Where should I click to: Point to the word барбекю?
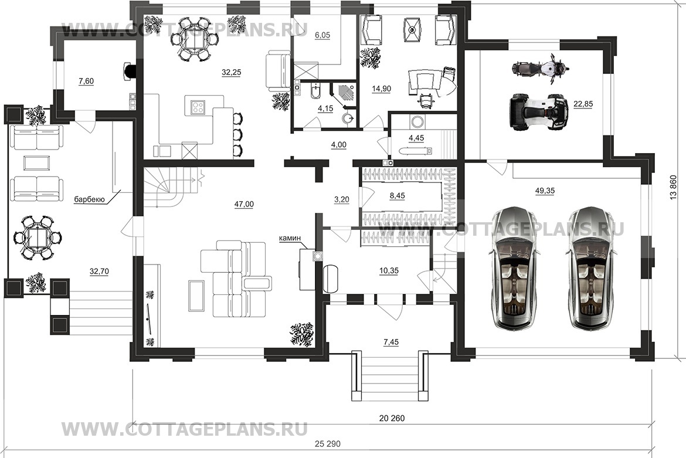pyautogui.click(x=89, y=199)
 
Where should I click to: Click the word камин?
pyautogui.click(x=290, y=238)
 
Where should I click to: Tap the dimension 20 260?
pyautogui.click(x=392, y=419)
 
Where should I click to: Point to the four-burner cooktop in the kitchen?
pyautogui.click(x=198, y=107)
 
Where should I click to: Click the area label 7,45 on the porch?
pyautogui.click(x=390, y=343)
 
